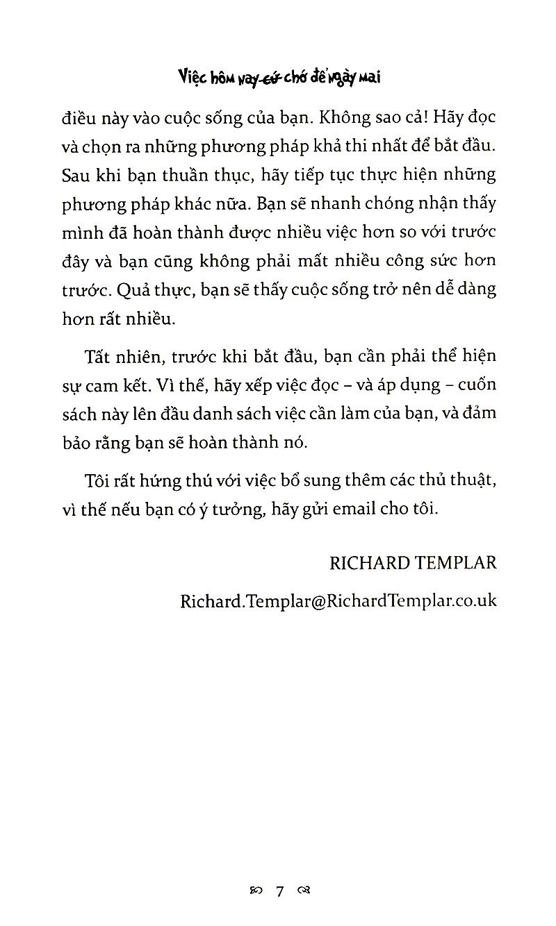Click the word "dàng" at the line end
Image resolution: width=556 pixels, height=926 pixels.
(x=475, y=289)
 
